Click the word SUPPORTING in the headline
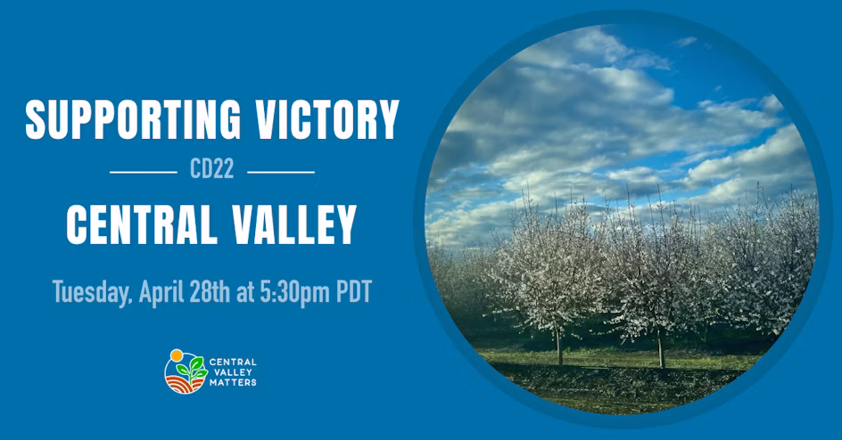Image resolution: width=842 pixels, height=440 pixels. [133, 119]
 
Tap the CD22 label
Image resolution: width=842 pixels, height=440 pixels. [212, 169]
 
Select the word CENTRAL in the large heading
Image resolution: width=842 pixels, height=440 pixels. [142, 224]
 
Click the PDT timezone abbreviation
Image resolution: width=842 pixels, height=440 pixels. [354, 292]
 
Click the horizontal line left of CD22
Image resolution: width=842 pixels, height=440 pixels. [144, 172]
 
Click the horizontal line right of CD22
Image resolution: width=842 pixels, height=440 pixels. [281, 172]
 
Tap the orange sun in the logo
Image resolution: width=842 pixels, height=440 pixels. [177, 354]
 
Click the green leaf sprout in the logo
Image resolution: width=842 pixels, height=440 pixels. [192, 368]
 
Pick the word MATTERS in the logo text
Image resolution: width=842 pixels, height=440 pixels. [233, 383]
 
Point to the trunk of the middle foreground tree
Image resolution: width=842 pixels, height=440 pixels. [661, 348]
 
